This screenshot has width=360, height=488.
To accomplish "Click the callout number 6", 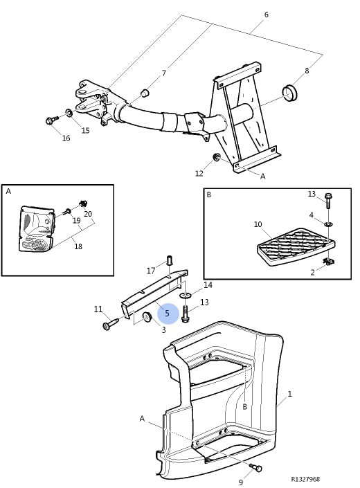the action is click(266, 15).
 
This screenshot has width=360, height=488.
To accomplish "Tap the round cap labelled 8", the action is click(289, 93).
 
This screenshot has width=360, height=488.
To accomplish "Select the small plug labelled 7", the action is click(145, 93).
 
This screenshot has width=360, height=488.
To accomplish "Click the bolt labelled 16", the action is click(52, 120).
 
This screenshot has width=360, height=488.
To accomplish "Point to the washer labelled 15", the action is click(69, 112).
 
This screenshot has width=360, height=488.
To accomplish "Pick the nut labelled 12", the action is click(216, 157).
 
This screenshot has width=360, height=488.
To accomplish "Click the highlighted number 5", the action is click(168, 314).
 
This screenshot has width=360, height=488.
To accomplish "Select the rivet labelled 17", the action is click(170, 260).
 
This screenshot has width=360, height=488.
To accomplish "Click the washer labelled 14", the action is click(186, 294).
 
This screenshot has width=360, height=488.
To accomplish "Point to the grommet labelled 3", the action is click(147, 317).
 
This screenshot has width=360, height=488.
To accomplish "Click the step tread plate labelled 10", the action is click(296, 247).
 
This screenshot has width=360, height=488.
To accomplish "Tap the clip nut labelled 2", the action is click(329, 262).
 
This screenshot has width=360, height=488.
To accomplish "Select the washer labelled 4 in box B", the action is click(328, 224).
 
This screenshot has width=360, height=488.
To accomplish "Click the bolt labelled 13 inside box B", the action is click(328, 201).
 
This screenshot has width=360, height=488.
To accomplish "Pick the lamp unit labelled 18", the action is click(35, 228).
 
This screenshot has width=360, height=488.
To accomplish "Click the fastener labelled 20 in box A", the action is click(83, 204).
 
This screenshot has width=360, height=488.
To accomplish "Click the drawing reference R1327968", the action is click(305, 479).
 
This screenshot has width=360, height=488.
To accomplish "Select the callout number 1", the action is click(289, 394).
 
